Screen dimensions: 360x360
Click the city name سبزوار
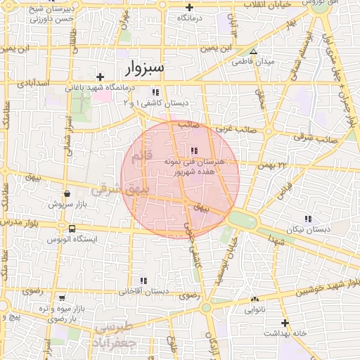[144, 68]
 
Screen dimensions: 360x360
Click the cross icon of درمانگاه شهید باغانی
[101, 77]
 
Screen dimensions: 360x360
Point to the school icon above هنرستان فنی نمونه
[194, 150]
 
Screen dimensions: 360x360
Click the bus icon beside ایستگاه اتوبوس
[72, 229]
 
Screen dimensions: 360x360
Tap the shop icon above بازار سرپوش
[66, 193]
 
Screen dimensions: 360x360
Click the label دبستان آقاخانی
[143, 290]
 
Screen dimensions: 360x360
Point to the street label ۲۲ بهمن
[274, 165]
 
